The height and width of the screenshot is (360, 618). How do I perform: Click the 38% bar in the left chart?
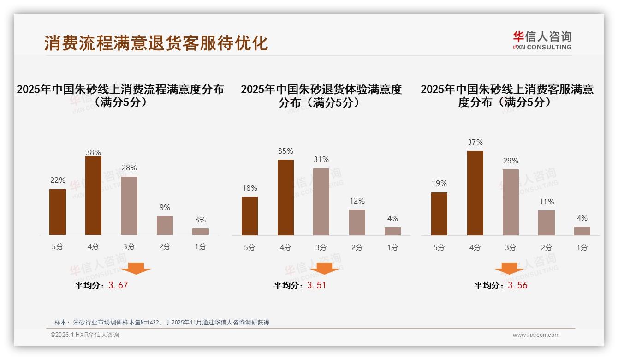[x=93, y=196]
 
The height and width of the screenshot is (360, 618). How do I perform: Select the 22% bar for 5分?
[x=58, y=212]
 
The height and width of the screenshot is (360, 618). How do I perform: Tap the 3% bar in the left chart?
[x=201, y=232]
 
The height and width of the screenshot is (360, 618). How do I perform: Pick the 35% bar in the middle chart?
[x=285, y=198]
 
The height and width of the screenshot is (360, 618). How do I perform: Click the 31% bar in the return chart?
[x=321, y=202]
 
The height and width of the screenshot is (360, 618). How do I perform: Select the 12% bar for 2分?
[x=357, y=222]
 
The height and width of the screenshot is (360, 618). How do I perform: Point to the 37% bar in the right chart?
[x=475, y=193]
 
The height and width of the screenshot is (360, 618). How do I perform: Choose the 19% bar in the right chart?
[x=439, y=214]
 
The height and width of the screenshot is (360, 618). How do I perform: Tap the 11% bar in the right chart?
[x=547, y=223]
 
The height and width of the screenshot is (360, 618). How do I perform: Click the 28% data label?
[x=129, y=168]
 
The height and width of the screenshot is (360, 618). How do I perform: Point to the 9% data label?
[x=165, y=208]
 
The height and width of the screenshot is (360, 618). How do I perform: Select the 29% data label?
[x=511, y=161]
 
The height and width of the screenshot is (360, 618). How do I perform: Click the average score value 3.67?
[x=118, y=285]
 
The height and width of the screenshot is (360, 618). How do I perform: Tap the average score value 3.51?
[x=316, y=285]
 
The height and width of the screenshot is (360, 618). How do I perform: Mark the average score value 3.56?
[x=517, y=285]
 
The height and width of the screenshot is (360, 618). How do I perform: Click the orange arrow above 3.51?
[x=324, y=268]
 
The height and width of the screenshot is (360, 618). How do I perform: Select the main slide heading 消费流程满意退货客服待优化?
[x=156, y=43]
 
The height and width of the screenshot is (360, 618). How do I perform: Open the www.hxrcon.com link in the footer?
[x=536, y=335]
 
